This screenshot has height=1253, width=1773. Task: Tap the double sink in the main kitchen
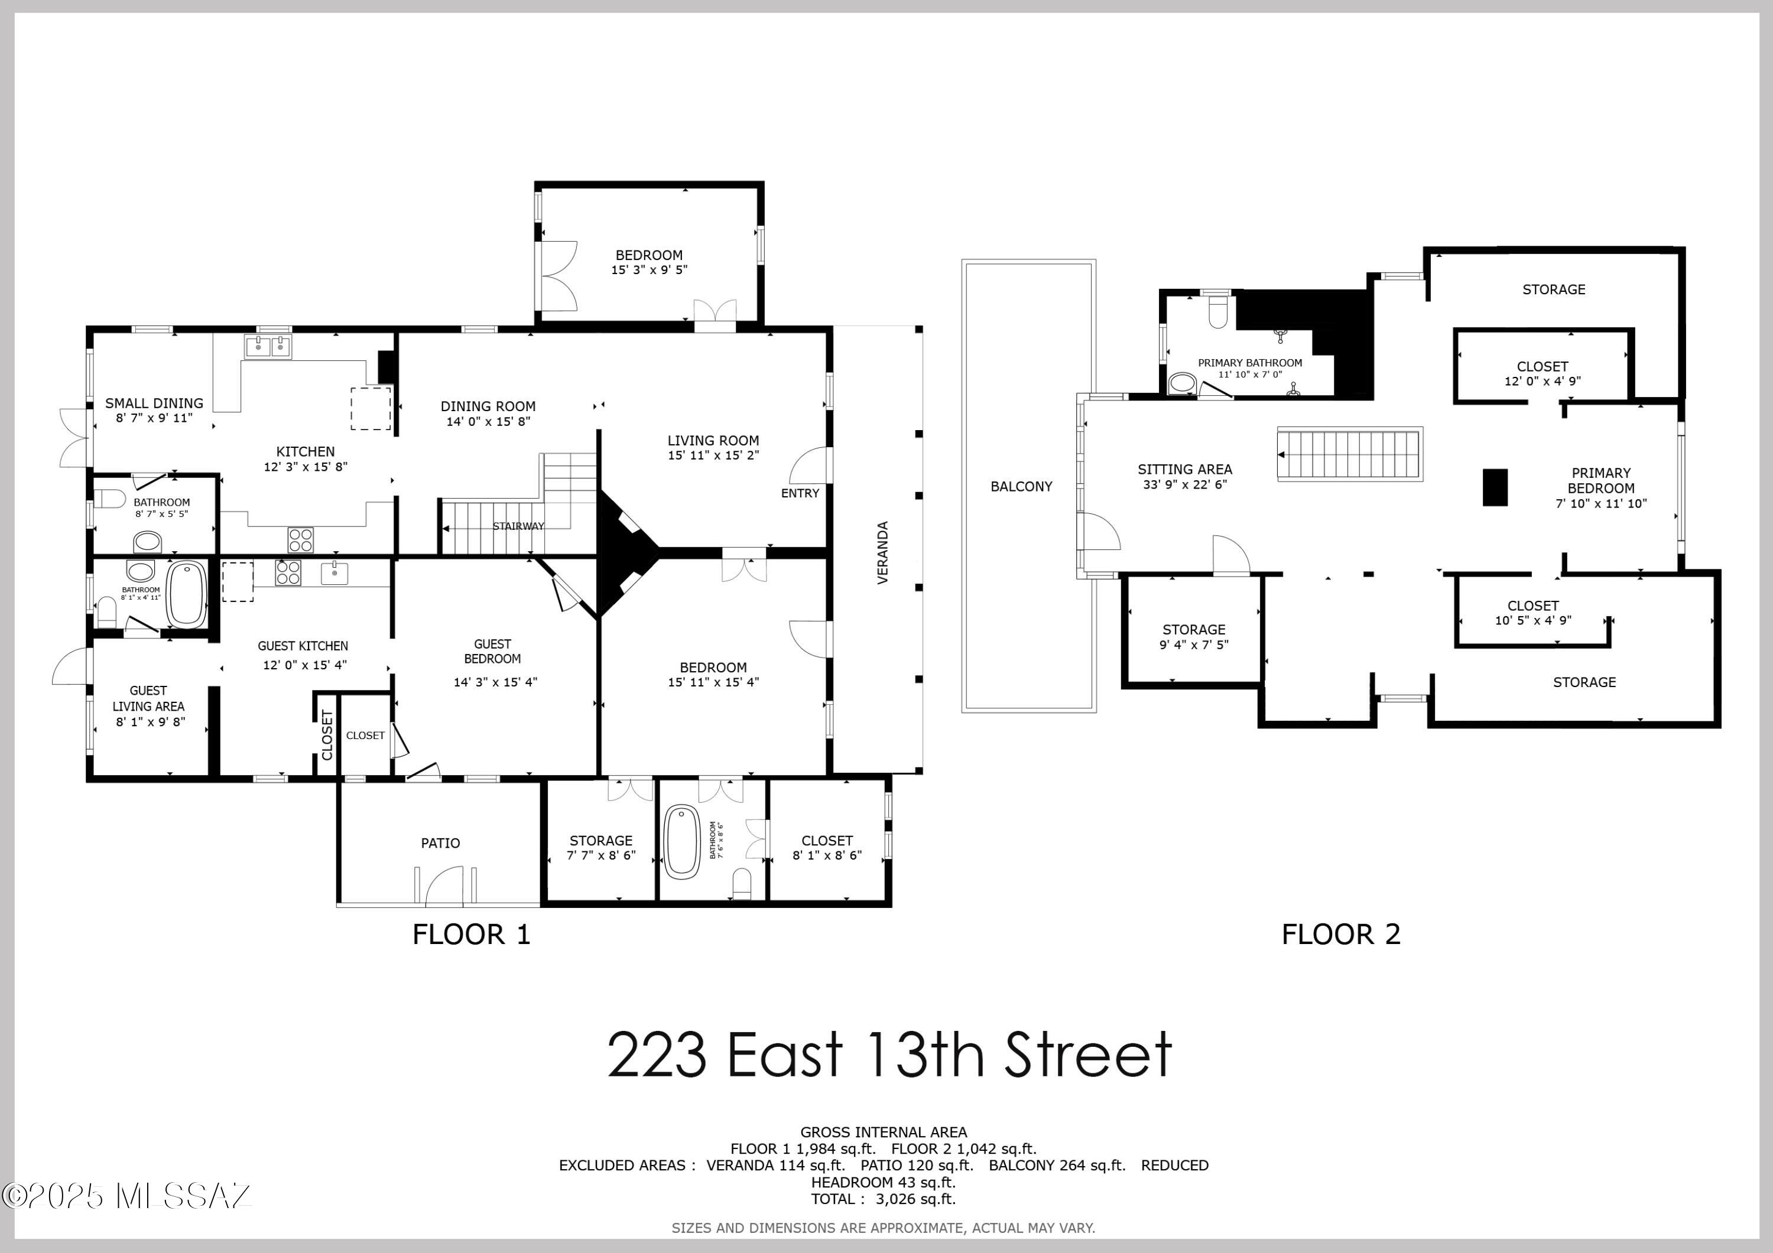pos(268,347)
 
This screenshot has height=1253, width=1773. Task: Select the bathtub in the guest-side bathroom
pos(187,594)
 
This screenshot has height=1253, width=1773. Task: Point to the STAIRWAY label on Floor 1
pos(518,526)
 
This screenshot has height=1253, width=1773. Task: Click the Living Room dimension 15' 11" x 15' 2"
pos(713,455)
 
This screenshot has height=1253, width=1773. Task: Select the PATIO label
pos(440,843)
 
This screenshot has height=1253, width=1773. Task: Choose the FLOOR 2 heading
pos(1340,934)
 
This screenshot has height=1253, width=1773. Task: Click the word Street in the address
pos(1088,1055)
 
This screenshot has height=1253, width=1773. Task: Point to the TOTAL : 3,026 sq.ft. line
pos(882,1199)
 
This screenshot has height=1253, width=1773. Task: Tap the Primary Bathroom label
pos(1249,363)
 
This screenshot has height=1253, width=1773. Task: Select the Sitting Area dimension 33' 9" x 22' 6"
pos(1184,485)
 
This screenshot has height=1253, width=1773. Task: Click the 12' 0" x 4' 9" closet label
pos(1542,380)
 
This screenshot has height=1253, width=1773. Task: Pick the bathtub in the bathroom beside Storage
pos(682,841)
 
